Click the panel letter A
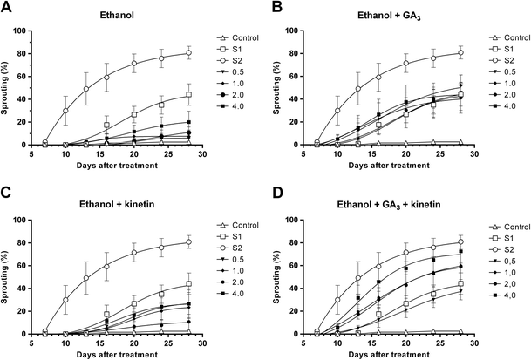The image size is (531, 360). pos(7,8)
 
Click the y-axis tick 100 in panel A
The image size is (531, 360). pos(27,31)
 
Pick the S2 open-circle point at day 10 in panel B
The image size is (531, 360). pos(344,111)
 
